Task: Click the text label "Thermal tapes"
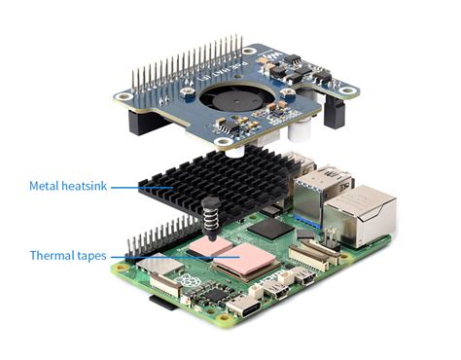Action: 66,256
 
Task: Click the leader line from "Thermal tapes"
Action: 156,256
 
